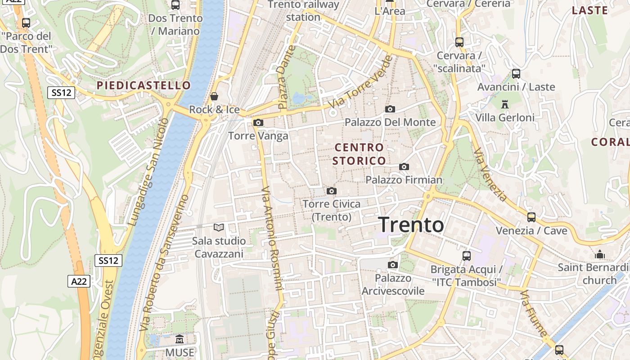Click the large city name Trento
coord(411,225)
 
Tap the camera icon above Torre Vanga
coord(258,122)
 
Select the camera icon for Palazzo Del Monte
coord(390,109)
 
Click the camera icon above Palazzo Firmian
coord(404,167)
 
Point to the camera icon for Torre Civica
coord(332,191)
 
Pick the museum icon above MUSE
coord(180,339)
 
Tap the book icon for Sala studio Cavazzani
coord(219,228)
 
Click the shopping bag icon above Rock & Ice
coord(214,96)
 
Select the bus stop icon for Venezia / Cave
coord(531,217)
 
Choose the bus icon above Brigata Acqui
coord(467,256)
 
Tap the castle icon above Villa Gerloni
coord(505,104)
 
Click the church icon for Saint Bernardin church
coord(599,254)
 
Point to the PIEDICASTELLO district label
coord(144,85)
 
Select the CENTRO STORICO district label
coord(359,154)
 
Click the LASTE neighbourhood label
coord(589,10)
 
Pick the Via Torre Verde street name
coord(360,81)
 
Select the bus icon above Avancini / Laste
coord(516,74)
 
